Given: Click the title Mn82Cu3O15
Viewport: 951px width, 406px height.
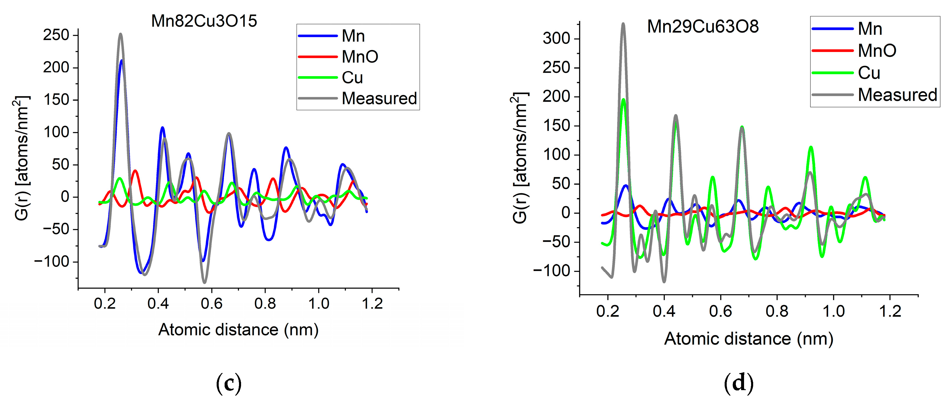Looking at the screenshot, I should (x=204, y=21).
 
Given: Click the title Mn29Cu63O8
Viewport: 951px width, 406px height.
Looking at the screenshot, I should (x=703, y=26).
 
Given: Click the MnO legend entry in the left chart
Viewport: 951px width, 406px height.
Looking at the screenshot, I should (x=359, y=56).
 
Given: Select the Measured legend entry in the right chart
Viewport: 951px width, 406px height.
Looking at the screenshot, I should (x=897, y=95).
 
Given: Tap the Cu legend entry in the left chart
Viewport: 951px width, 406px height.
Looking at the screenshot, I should (x=352, y=78).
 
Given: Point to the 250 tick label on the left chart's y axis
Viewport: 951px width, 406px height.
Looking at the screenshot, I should (x=56, y=35).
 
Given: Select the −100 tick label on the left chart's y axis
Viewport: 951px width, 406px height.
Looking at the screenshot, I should (x=52, y=262).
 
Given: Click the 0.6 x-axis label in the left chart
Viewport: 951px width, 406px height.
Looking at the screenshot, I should (x=212, y=304).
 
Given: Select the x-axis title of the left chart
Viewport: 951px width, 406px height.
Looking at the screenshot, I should (x=238, y=330).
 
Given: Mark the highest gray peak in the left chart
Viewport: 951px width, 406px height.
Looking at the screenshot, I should (x=120, y=34).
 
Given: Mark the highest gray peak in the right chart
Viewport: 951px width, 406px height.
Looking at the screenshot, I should (x=623, y=24).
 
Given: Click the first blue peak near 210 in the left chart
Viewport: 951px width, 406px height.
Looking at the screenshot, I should (x=121, y=61).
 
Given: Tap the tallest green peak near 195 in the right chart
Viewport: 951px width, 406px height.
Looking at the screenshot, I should (x=624, y=99).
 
